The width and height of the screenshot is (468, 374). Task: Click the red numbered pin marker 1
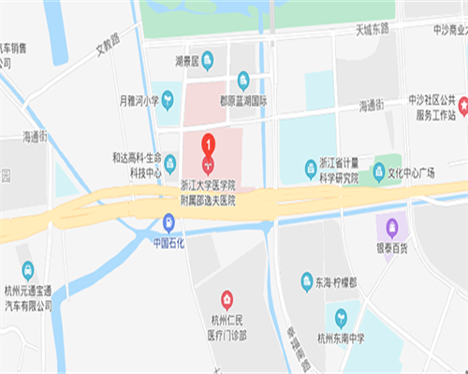pyautogui.click(x=208, y=146)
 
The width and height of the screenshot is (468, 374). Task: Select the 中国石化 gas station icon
pyautogui.click(x=168, y=222)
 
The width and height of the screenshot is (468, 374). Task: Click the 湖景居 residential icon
pyautogui.click(x=208, y=63)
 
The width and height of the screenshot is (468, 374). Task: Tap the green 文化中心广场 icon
pyautogui.click(x=379, y=172)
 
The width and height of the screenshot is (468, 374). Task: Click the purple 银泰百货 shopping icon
pyautogui.click(x=391, y=226)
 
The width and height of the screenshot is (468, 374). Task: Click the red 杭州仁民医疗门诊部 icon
pyautogui.click(x=227, y=299)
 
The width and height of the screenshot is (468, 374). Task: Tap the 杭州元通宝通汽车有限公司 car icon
pyautogui.click(x=27, y=270)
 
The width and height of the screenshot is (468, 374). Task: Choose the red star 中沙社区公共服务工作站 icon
pyautogui.click(x=462, y=102)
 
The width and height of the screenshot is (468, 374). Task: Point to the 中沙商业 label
pyautogui.click(x=436, y=29)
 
